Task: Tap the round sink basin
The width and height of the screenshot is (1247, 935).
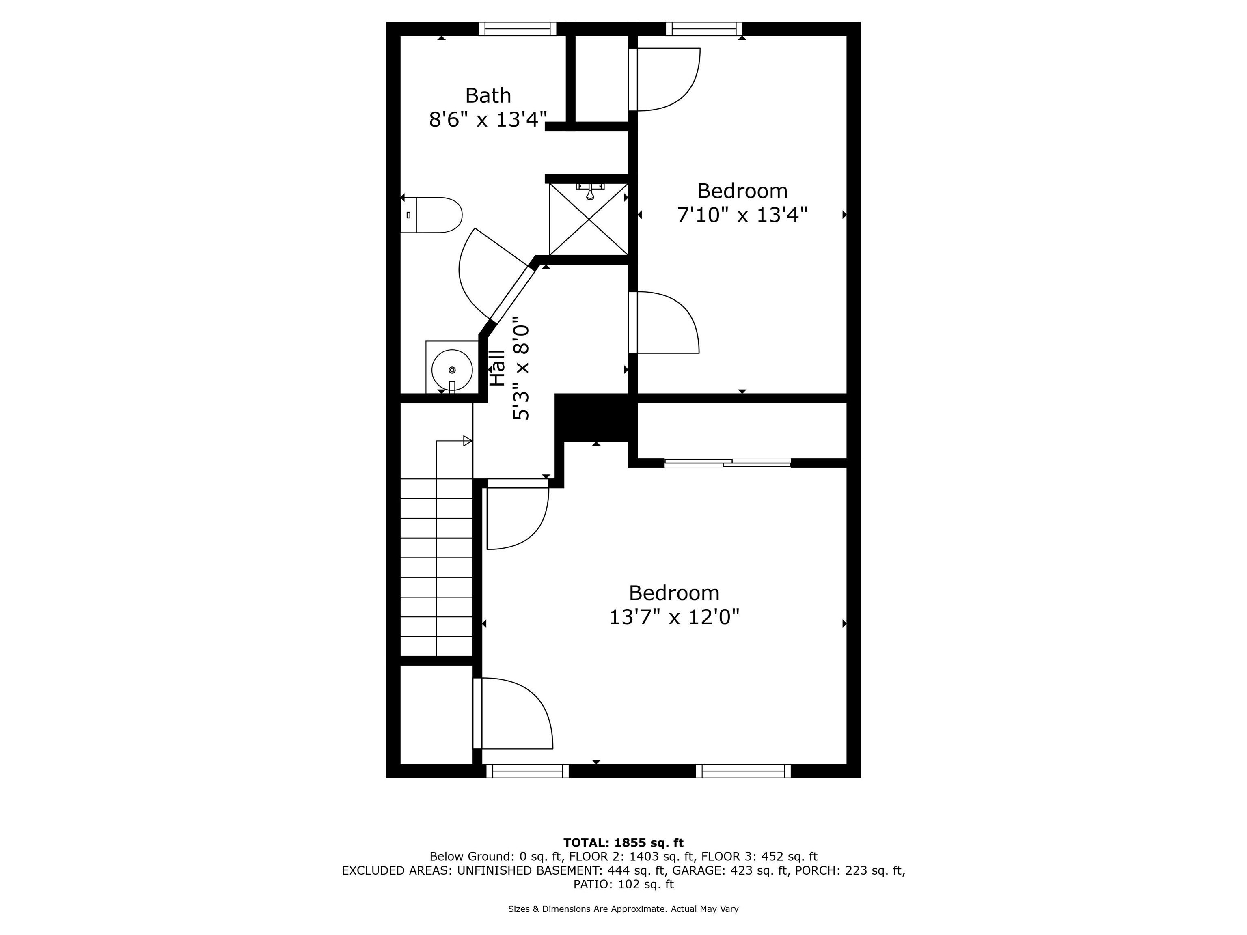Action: tap(451, 370)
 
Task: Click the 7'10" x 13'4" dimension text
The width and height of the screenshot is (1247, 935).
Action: tap(742, 215)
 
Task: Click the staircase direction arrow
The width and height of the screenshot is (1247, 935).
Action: tap(467, 441)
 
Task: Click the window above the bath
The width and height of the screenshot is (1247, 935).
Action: tap(517, 29)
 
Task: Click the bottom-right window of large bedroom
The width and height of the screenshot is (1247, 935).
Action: tap(742, 771)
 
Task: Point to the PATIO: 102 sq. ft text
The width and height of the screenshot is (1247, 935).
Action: tap(623, 884)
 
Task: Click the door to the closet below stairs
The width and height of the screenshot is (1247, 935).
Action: tap(477, 713)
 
